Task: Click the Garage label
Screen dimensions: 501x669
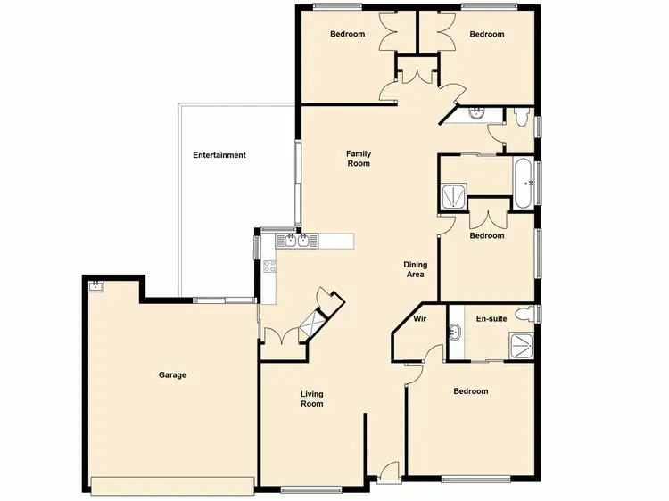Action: [x=172, y=375]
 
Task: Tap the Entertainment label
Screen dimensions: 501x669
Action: [x=219, y=155]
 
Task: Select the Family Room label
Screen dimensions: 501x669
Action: [x=359, y=159]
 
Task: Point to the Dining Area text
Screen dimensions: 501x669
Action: [x=416, y=269]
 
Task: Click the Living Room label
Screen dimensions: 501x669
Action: [x=311, y=398]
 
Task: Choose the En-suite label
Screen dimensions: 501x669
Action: [x=491, y=318]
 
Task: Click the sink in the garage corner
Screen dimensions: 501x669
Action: [x=95, y=285]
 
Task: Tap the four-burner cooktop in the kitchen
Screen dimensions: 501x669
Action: [x=269, y=266]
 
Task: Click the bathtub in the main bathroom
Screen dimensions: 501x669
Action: [x=524, y=181]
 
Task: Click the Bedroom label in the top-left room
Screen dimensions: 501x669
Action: [x=347, y=35]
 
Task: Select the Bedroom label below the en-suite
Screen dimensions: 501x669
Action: [x=470, y=391]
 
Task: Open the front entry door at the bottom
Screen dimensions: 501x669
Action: [x=387, y=475]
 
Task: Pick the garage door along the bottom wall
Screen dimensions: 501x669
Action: [x=172, y=487]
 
